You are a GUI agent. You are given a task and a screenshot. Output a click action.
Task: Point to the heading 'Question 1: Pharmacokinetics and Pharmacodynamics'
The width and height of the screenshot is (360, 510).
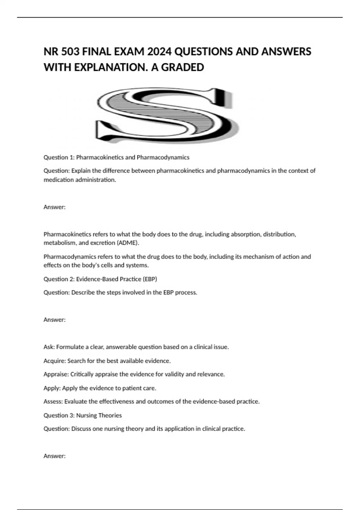[x=116, y=157]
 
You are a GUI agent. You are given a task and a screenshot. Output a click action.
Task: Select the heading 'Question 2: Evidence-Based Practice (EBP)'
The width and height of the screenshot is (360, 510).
[x=100, y=279]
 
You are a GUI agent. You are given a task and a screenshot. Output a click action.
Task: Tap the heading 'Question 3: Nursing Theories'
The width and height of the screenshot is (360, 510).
[x=82, y=415]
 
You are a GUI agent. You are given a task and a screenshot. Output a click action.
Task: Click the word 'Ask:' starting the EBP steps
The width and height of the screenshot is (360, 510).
[x=49, y=347]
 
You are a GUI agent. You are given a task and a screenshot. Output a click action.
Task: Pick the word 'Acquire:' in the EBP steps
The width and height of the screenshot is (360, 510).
[x=55, y=361]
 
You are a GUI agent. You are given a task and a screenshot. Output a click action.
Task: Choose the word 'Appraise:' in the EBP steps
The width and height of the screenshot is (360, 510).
[x=56, y=374]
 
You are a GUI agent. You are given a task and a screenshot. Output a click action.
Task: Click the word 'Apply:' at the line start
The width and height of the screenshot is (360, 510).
[x=52, y=388]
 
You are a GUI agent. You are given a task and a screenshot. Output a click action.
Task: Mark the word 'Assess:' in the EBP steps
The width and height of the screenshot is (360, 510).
[x=53, y=401]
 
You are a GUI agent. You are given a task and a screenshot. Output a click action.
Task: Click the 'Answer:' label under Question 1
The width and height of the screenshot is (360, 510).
[x=55, y=207]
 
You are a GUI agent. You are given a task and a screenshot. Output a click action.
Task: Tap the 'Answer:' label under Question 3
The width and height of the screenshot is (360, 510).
[x=55, y=456]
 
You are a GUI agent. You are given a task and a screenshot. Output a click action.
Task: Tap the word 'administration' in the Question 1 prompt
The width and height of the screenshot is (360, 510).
[x=96, y=180]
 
